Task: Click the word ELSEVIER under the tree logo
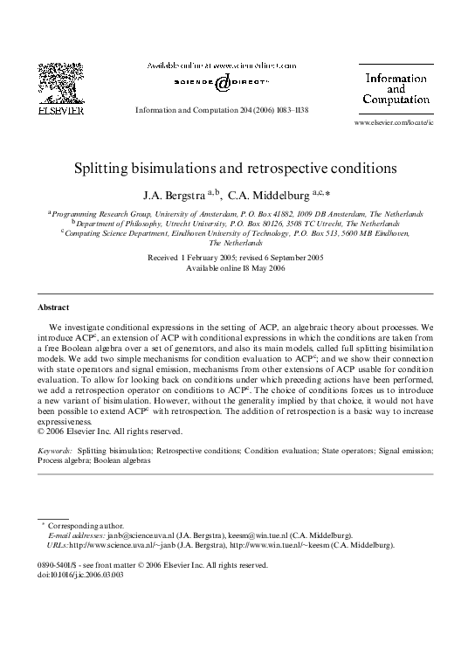(x=59, y=111)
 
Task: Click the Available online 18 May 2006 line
(x=237, y=268)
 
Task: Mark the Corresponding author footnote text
(x=75, y=524)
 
